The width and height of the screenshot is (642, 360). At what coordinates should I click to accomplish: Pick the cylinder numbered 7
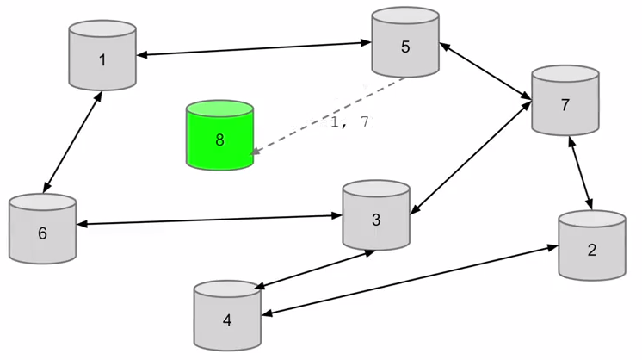[565, 101]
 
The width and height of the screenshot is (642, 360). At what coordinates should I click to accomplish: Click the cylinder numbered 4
[227, 316]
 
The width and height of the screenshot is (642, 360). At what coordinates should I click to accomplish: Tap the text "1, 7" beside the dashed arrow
[349, 122]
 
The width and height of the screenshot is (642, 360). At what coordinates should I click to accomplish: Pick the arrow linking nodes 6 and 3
[209, 220]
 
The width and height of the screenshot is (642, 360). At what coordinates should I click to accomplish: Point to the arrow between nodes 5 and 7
[485, 71]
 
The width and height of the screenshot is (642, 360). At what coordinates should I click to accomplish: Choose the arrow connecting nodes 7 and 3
[469, 160]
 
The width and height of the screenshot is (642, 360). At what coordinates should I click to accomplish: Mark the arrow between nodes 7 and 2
[578, 173]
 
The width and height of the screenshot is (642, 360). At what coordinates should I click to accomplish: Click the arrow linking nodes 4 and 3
[313, 270]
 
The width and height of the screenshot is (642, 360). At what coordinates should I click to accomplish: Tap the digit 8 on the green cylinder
[219, 140]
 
